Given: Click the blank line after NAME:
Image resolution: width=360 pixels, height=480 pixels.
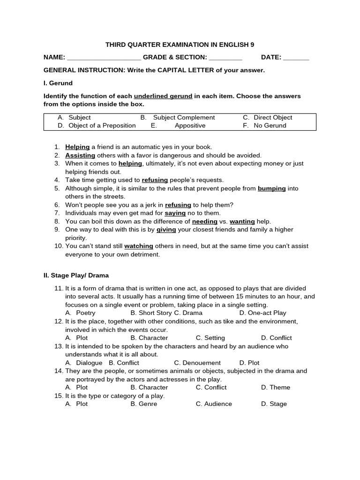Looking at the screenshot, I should coord(104,58).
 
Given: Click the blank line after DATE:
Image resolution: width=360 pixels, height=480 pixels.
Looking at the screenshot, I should coord(296,58).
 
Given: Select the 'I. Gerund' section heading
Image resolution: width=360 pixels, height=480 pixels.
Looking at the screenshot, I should coord(58,83).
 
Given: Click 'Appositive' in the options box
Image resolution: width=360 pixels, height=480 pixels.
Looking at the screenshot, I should coord(190,126).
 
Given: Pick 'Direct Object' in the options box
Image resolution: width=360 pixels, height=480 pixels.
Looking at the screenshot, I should coord(273,118).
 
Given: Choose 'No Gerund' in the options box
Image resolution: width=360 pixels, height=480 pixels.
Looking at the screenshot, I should coord(270,126).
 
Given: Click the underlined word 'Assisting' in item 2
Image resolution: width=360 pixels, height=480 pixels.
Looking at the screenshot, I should coord(80,155).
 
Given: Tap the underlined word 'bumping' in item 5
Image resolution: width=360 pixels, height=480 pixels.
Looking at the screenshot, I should coord(272,188).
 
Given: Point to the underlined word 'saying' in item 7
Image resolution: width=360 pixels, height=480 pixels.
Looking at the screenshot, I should coord(175,213).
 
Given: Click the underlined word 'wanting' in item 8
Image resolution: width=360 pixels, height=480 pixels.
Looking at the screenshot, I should coord(242,221).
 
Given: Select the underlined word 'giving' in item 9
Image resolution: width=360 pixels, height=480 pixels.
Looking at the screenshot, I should coord(166,230).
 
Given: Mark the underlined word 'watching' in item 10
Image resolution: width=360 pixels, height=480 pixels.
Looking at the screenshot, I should coord(139,246).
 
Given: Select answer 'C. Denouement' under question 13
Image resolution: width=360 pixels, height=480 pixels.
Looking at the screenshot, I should coord(197,363).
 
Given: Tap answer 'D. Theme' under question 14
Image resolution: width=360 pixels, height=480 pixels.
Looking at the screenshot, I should coord(276,388).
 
